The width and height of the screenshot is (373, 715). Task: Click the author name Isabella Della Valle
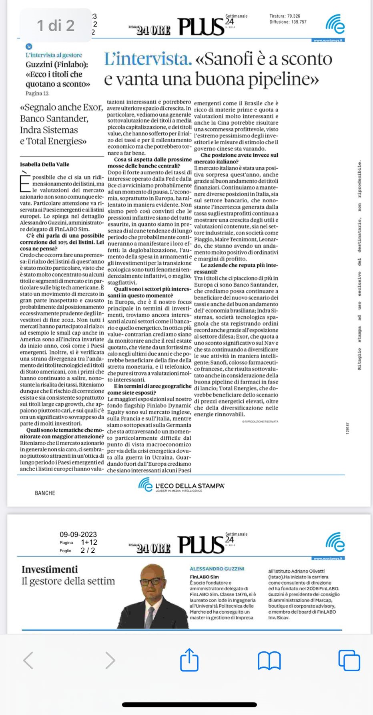point(44,164)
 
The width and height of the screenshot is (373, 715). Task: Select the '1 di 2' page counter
point(56,26)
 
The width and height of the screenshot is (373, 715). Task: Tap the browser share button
point(189,660)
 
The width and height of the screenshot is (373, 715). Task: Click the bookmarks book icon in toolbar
point(269,660)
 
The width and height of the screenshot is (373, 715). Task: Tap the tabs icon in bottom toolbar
point(349,660)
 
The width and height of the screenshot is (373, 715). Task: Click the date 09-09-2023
point(78,534)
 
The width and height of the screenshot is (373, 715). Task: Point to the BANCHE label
point(45,493)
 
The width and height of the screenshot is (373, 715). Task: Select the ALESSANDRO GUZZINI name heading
point(217,569)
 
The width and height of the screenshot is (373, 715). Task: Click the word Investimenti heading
point(50,570)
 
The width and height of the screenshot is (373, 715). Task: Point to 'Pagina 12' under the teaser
point(37,93)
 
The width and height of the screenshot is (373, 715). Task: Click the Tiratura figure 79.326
point(293,16)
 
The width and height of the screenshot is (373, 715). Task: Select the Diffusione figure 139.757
point(299,22)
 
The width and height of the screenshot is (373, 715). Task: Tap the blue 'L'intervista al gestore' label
point(54,55)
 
